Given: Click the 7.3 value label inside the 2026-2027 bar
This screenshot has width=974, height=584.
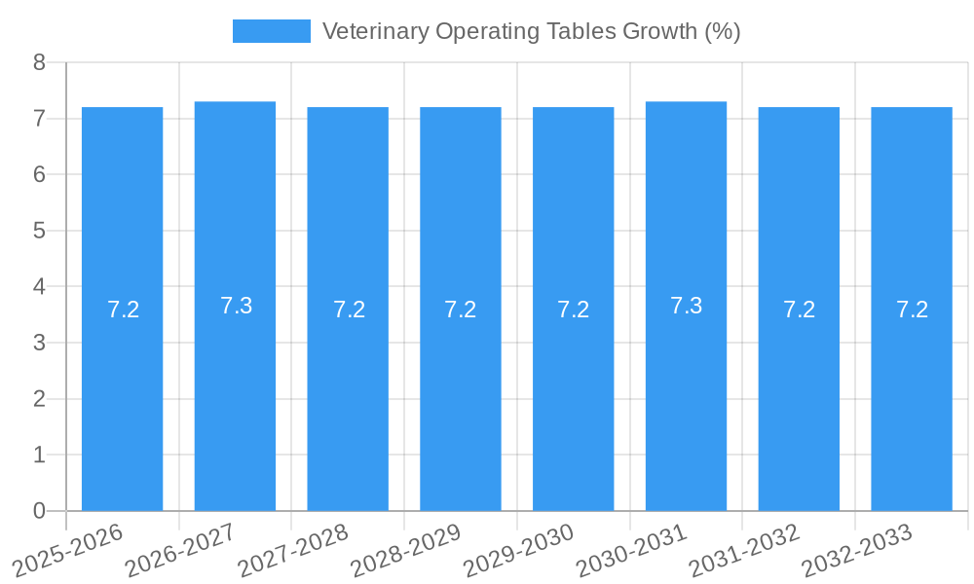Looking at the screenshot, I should click(x=236, y=306).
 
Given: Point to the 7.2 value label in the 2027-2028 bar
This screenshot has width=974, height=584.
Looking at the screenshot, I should click(x=349, y=310).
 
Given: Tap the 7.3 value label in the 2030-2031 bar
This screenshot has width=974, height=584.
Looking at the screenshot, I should click(x=686, y=306).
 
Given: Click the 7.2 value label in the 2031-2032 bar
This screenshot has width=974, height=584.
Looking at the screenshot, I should click(x=799, y=310).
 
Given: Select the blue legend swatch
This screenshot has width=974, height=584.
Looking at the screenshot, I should click(x=271, y=31).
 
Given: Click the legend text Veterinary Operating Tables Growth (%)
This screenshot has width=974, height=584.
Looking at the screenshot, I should click(x=531, y=31).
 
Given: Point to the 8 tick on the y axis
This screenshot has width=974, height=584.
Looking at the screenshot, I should click(x=39, y=62).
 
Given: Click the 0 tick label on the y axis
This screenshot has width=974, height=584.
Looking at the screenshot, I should click(x=39, y=511).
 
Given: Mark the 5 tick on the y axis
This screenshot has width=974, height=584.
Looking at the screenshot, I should click(x=39, y=231).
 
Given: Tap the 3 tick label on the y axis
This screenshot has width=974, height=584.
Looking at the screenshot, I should click(x=39, y=343).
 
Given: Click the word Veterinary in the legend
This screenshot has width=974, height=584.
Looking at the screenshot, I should click(x=374, y=31).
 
